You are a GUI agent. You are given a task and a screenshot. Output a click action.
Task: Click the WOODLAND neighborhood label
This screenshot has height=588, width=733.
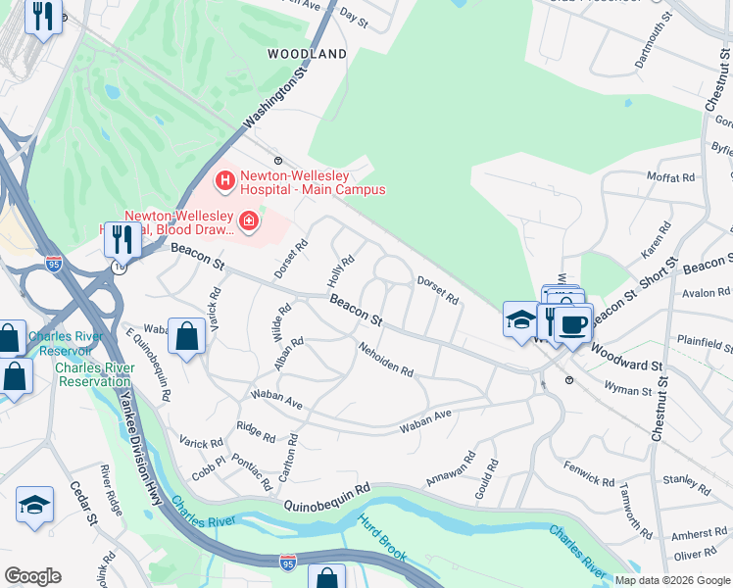pos(309,54)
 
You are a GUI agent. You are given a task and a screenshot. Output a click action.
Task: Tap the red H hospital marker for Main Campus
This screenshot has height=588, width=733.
pos(225,181)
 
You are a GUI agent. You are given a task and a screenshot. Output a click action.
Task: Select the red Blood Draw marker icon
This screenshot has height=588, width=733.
pos(248,222)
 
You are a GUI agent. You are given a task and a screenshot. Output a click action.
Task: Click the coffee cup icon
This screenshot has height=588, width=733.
pos(573,324)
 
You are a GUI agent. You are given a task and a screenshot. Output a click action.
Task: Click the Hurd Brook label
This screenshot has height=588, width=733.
pos(382,538)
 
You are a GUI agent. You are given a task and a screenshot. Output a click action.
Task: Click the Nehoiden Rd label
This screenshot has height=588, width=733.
pos(385,360)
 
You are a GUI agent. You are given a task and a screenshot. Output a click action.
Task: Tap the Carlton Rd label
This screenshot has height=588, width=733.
pos(287,457)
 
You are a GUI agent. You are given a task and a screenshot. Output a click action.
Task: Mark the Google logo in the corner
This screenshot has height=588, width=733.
pos(32,576)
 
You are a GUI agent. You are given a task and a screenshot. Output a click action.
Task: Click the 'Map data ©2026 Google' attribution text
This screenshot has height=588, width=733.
pos(672,580)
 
